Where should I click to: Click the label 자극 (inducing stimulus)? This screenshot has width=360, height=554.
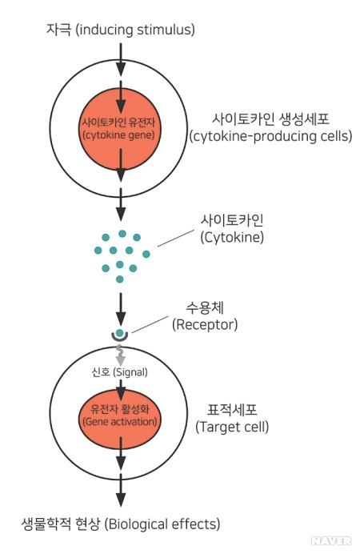[120, 30]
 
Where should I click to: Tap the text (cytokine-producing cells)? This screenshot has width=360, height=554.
[270, 136]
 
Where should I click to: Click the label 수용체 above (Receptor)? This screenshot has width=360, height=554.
[203, 307]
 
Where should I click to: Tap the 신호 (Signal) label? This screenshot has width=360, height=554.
[120, 372]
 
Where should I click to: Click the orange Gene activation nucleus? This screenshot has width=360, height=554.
[120, 415]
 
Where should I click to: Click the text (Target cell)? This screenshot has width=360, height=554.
[231, 428]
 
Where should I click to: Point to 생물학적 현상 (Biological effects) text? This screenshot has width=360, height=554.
[120, 524]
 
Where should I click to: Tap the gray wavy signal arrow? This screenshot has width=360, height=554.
[120, 355]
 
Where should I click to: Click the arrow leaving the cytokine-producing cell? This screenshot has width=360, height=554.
[120, 210]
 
